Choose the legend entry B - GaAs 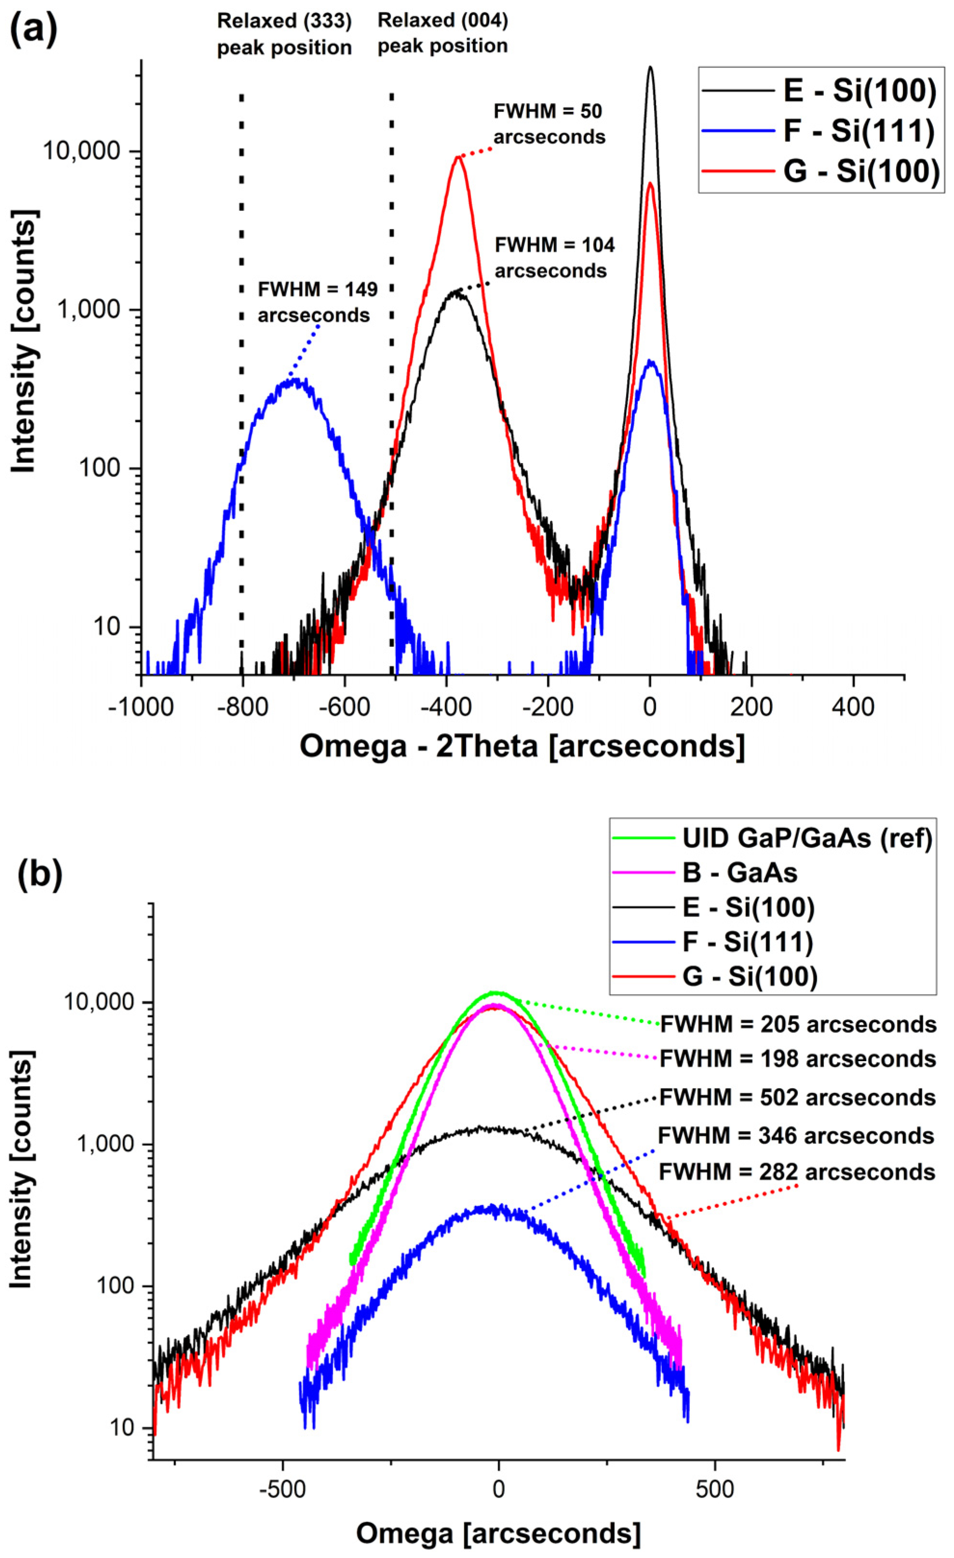[739, 873]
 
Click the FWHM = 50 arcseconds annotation [549, 124]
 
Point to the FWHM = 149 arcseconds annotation [317, 302]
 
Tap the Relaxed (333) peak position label [284, 34]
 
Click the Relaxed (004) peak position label [442, 33]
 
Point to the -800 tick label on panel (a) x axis [242, 706]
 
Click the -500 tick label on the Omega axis [282, 1489]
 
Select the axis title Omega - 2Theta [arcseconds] [522, 746]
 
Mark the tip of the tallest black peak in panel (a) [650, 68]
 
